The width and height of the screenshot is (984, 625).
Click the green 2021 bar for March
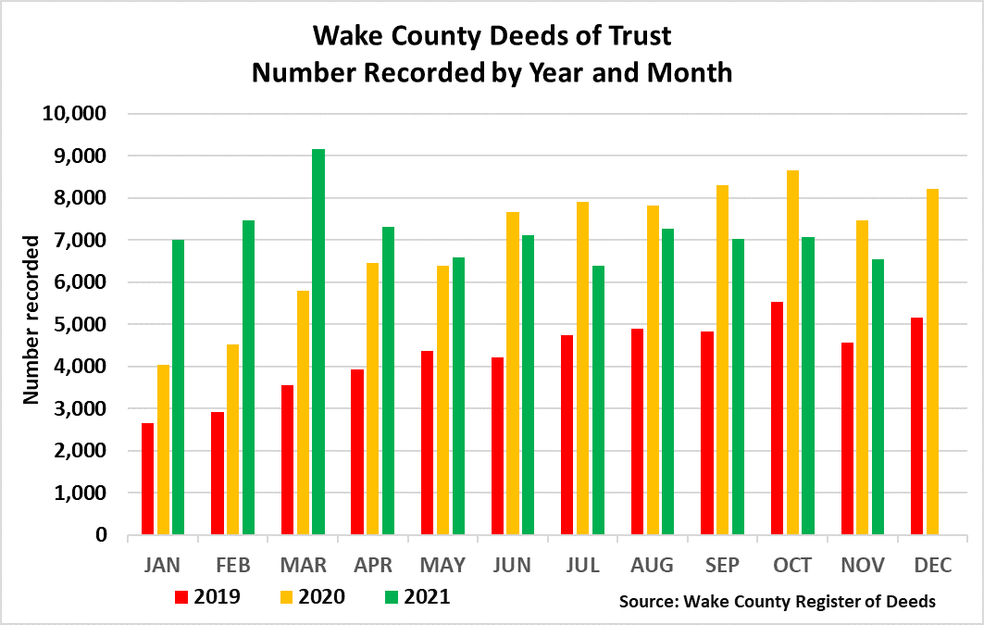[318, 343]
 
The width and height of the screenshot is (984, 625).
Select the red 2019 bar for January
[147, 479]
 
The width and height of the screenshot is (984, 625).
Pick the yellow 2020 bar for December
[933, 362]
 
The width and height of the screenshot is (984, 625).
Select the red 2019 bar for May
[427, 444]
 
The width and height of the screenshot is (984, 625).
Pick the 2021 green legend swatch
[389, 596]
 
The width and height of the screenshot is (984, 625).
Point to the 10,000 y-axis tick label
[76, 114]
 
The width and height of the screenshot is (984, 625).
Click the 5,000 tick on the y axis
[81, 325]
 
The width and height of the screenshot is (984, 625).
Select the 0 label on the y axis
[103, 535]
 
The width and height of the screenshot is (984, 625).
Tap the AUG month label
[654, 565]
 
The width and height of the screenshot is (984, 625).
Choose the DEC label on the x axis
[932, 565]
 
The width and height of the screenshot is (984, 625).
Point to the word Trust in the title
[638, 37]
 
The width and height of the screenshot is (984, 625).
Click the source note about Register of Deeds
[778, 602]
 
